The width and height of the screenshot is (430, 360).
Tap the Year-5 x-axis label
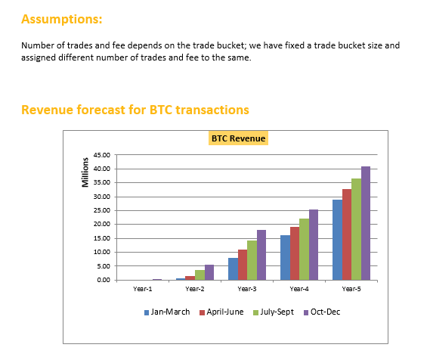pos(351,289)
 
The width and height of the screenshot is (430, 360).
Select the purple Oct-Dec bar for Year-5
pos(366,223)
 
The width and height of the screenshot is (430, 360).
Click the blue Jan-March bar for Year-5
pos(337,240)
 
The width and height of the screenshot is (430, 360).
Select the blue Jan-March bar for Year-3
pos(233,269)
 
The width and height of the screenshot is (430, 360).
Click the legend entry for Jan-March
pos(169,312)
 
